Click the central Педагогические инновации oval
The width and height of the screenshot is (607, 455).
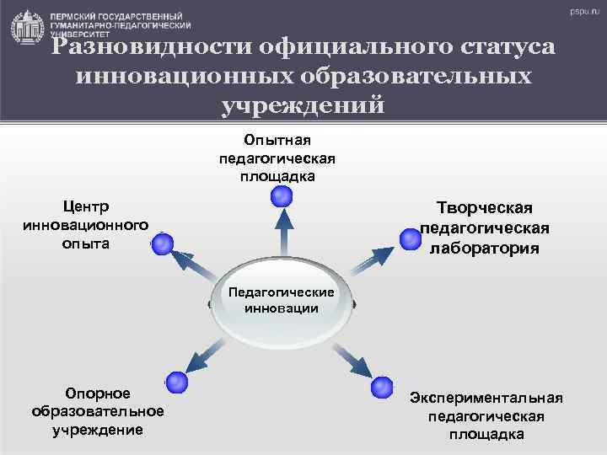[x=282, y=303]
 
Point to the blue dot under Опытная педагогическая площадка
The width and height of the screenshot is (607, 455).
[x=282, y=197]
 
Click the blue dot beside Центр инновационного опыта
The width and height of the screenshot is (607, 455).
[x=162, y=244]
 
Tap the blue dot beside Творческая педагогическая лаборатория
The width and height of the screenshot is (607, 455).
[x=411, y=239]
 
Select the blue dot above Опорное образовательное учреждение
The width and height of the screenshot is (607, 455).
[x=176, y=382]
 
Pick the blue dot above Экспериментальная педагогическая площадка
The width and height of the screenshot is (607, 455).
[x=382, y=387]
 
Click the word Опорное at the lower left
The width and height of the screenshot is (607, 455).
[x=98, y=393]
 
